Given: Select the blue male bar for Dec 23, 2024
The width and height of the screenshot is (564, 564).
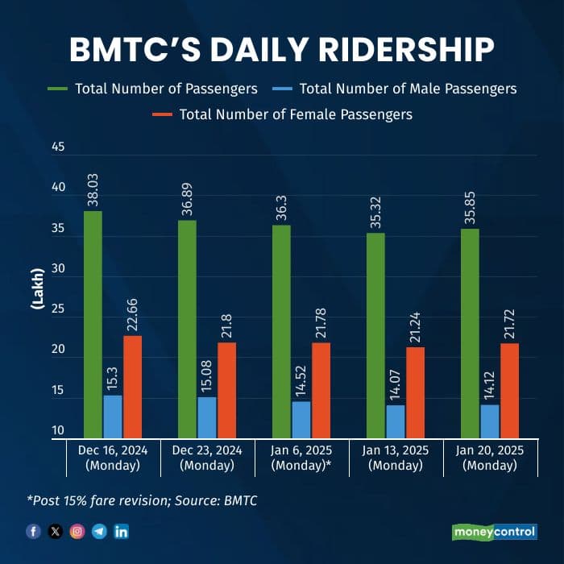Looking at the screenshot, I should point(207,417).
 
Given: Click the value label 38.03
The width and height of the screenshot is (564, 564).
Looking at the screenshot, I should point(93,189).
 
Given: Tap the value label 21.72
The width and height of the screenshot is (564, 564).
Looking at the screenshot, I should point(509,322).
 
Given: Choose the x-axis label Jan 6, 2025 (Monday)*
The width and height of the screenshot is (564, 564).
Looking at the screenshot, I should point(302,458).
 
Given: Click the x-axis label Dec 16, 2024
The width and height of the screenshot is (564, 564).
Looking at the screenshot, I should point(113,450).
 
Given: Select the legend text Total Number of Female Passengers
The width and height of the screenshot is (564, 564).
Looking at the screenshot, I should point(296,114).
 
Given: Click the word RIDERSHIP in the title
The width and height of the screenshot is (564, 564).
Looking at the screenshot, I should point(403,50).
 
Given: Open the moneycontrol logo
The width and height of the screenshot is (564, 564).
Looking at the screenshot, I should point(493,532).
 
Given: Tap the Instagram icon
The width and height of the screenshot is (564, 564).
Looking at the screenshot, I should point(77,532).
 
